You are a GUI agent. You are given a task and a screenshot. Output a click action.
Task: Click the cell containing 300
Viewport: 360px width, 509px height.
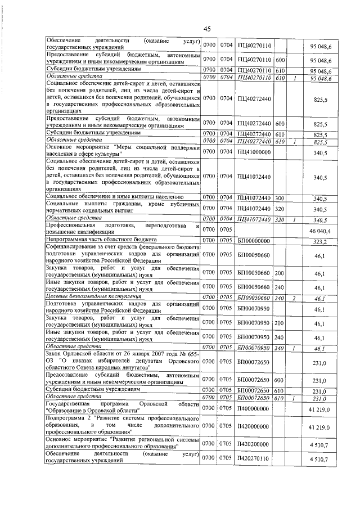point(280,199)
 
